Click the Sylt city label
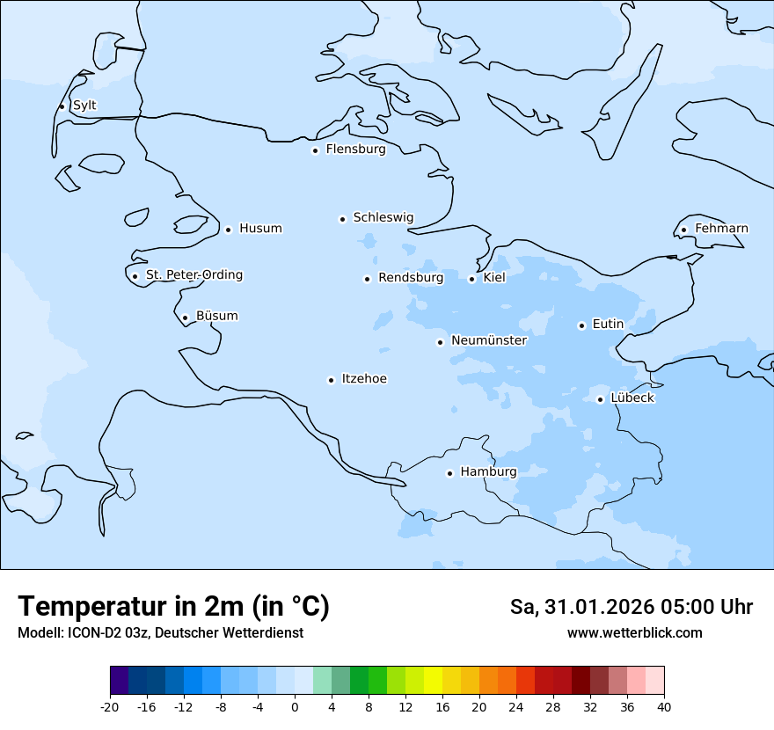click(84, 106)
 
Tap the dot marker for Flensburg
click(315, 150)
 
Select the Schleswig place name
click(383, 217)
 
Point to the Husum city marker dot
click(228, 230)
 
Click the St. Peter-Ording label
click(193, 275)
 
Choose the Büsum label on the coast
click(216, 316)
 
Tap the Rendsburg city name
click(411, 278)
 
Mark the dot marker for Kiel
click(471, 279)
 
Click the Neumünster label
click(488, 340)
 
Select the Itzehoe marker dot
click(331, 380)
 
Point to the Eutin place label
click(608, 325)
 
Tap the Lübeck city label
click(632, 398)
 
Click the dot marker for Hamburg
click(449, 473)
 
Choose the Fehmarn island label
click(721, 229)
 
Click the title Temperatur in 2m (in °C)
click(173, 606)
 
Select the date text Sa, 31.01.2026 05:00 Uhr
click(631, 607)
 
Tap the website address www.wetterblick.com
click(634, 633)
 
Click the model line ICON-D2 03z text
click(160, 633)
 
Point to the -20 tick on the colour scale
click(110, 707)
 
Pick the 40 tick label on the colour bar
click(664, 707)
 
